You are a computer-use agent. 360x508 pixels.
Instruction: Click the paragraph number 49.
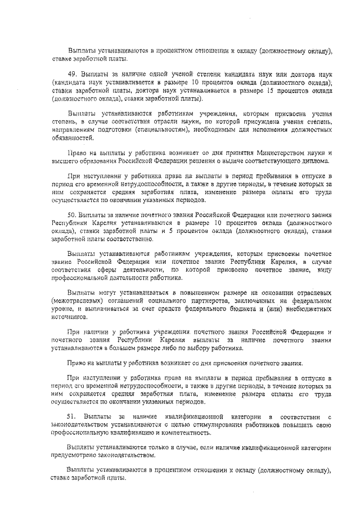click(71, 74)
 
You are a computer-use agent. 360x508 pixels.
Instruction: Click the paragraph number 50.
click(71, 215)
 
